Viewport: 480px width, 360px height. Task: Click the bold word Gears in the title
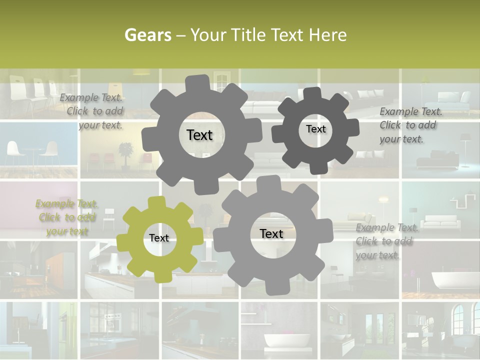[147, 35]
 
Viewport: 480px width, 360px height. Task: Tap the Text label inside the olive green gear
[159, 238]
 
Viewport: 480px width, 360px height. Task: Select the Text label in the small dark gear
[315, 129]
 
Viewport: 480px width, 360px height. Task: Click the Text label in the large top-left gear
[199, 135]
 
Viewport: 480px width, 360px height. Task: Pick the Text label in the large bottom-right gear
[271, 233]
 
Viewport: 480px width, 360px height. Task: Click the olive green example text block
[67, 217]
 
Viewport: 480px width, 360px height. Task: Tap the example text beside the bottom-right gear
[387, 241]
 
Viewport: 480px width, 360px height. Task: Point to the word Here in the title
[328, 35]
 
